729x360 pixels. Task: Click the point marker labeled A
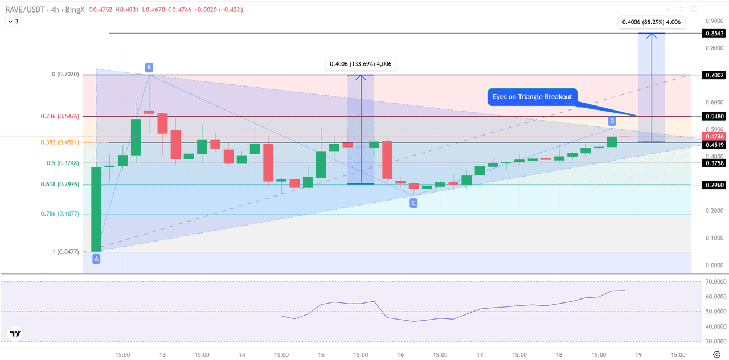pos(96,259)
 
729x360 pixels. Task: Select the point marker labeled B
pos(149,67)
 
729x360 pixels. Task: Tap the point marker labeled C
pos(413,203)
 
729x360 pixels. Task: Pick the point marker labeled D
pos(612,121)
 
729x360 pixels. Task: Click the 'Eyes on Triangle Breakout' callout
pos(532,97)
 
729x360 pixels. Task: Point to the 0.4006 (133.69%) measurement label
pos(360,64)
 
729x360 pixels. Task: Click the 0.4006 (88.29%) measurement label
pos(652,22)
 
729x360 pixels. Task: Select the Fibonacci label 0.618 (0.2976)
pos(60,184)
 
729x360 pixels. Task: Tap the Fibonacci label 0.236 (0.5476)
pos(60,116)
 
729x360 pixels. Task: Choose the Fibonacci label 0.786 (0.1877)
pos(60,214)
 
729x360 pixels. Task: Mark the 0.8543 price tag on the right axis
pos(714,34)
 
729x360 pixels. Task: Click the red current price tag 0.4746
pos(714,137)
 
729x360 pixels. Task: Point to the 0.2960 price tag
pos(714,185)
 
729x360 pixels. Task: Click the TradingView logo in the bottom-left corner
pos(15,334)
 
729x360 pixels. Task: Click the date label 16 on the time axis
pos(400,354)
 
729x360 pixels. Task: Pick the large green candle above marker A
pos(96,209)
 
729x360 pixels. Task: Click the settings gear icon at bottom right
pos(716,354)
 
